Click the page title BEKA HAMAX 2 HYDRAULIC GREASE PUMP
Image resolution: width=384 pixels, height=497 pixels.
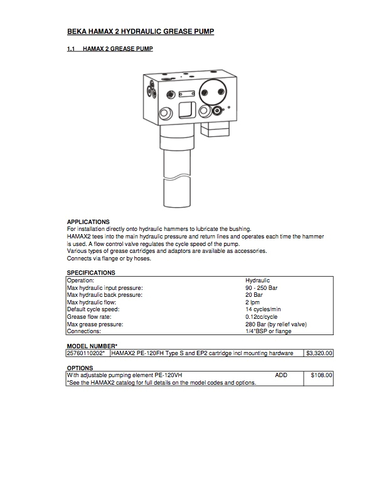(141, 31)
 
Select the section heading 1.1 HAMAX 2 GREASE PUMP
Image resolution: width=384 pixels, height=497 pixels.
(110, 48)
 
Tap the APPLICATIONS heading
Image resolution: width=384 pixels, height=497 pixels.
(88, 222)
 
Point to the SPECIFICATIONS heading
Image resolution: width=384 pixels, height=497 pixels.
(91, 273)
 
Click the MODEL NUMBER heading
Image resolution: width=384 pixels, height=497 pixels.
(92, 346)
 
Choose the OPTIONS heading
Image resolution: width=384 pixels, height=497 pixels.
(80, 368)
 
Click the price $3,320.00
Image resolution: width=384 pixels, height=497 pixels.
(319, 353)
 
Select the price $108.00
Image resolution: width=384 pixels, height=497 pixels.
(321, 375)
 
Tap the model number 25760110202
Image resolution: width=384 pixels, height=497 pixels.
(87, 353)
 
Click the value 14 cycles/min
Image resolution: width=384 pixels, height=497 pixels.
(264, 309)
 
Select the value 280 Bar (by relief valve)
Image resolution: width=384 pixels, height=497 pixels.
(275, 324)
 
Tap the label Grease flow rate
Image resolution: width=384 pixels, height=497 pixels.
(90, 317)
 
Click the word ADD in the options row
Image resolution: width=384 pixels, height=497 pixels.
(281, 375)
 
